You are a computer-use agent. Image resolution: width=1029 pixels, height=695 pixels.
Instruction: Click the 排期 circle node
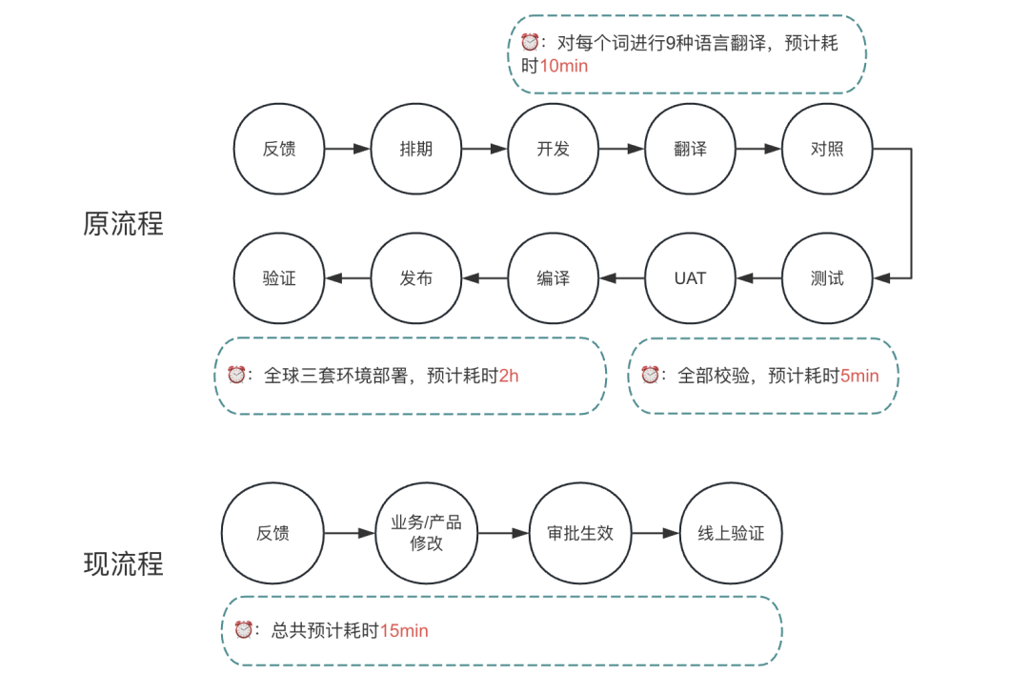pyautogui.click(x=415, y=149)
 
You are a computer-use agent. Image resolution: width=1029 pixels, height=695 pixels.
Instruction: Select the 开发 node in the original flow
pyautogui.click(x=553, y=149)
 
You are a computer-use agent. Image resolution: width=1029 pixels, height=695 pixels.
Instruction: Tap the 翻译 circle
pyautogui.click(x=690, y=149)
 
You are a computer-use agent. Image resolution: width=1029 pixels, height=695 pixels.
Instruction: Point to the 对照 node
pyautogui.click(x=827, y=149)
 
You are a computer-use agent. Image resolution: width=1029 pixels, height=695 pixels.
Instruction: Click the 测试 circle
pyautogui.click(x=827, y=278)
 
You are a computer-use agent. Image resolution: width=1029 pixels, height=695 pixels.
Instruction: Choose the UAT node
pyautogui.click(x=690, y=278)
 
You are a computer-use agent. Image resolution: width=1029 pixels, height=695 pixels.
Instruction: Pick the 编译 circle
pyautogui.click(x=553, y=278)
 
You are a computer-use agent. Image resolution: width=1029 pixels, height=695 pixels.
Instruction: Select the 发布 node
pyautogui.click(x=415, y=278)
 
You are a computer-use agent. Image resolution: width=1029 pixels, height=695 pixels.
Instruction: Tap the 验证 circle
pyautogui.click(x=279, y=278)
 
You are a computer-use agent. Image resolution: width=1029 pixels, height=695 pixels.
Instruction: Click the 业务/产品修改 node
pyautogui.click(x=426, y=533)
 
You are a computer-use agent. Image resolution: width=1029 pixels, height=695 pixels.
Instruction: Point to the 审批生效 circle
pyautogui.click(x=580, y=533)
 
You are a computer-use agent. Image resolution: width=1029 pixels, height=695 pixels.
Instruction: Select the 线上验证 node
pyautogui.click(x=731, y=533)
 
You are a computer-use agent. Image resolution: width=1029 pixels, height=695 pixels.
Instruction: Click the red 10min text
pyautogui.click(x=564, y=66)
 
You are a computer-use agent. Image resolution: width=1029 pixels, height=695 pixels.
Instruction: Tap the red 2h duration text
pyautogui.click(x=509, y=376)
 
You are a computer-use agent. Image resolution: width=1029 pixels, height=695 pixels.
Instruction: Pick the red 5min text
pyautogui.click(x=858, y=376)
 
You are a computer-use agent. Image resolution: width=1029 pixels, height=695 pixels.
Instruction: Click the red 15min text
pyautogui.click(x=404, y=630)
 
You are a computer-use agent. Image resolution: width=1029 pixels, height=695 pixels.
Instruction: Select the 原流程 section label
pyautogui.click(x=124, y=223)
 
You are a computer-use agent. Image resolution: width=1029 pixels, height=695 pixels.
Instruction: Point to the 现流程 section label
pyautogui.click(x=124, y=564)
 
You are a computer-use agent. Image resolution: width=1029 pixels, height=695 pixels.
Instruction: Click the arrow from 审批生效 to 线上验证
pyautogui.click(x=656, y=533)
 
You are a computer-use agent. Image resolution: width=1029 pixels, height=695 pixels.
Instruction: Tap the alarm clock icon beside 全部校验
pyautogui.click(x=650, y=375)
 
